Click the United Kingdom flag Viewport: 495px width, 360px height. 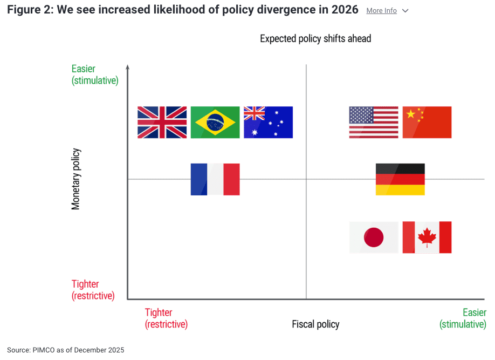[x=162, y=122]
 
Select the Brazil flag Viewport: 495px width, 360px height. [x=215, y=122]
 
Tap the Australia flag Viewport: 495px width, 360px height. [x=268, y=122]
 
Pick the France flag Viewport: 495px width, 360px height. [x=215, y=179]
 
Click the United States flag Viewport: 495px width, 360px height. [x=374, y=122]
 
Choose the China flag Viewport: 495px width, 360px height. [x=427, y=122]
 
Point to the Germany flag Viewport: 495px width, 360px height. [x=400, y=179]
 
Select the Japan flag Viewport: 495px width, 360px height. [x=374, y=237]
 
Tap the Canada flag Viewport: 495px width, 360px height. [x=427, y=237]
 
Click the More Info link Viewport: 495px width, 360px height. [x=382, y=11]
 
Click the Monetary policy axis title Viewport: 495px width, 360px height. [x=76, y=179]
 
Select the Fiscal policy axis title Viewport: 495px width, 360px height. [x=315, y=324]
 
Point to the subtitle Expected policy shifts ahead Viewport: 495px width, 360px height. [x=315, y=39]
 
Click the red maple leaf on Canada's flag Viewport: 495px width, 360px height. [x=427, y=237]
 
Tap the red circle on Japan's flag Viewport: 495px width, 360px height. [x=374, y=237]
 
